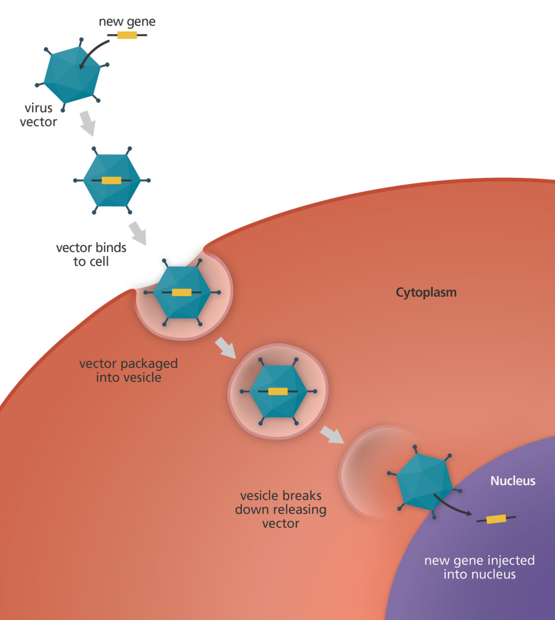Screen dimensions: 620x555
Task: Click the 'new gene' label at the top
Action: [127, 22]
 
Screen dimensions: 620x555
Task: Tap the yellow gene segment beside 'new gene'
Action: [127, 35]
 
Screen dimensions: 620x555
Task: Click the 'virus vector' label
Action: [40, 115]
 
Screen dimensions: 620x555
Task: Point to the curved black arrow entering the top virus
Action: [90, 56]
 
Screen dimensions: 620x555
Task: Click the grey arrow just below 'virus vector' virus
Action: [88, 124]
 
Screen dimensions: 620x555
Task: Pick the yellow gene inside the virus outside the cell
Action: [111, 180]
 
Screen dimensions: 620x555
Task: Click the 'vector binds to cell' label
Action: [91, 254]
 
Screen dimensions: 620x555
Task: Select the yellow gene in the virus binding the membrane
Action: [182, 292]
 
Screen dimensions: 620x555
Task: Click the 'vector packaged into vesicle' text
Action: [128, 371]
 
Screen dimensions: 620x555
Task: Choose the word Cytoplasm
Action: [426, 293]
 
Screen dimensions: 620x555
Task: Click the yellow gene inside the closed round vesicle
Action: [278, 391]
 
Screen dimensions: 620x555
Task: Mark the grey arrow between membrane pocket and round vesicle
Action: [226, 348]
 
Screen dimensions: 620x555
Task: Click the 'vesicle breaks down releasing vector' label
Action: [280, 509]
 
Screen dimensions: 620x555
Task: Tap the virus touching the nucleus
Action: [424, 482]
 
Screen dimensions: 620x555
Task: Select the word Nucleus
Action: [513, 481]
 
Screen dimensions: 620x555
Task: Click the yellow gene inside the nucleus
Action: [496, 519]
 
